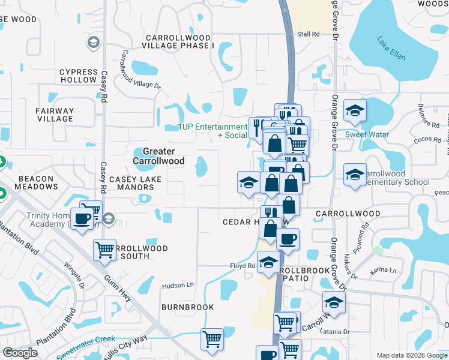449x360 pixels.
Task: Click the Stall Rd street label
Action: pos(308,34)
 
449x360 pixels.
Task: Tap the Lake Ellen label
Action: pos(391,49)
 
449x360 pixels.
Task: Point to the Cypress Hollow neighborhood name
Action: pos(78,76)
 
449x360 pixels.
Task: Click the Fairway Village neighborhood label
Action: pos(55,115)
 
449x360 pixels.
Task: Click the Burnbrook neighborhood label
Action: pos(187,307)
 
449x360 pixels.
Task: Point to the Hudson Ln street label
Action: pos(178,286)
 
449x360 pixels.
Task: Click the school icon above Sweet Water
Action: pos(355,111)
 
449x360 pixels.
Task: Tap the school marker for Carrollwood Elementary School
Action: pos(355,175)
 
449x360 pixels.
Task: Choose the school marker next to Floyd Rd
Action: pos(268,262)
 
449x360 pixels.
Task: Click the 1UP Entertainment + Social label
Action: pos(212,131)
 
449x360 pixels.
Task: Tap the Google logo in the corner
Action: pos(20,353)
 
